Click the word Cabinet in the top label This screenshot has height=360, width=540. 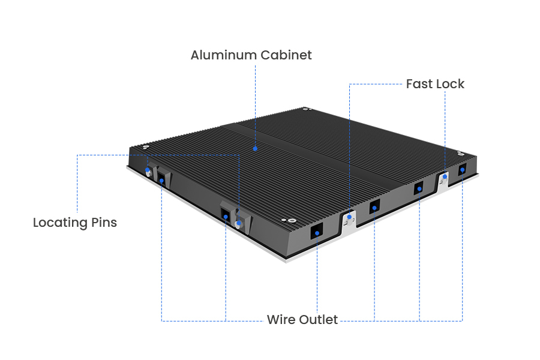tap(286, 55)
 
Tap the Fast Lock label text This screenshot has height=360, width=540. tap(435, 84)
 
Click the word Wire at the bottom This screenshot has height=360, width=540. tap(281, 320)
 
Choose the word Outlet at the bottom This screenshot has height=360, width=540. tap(318, 320)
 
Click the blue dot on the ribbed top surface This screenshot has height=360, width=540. tap(255, 148)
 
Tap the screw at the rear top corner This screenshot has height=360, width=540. tap(306, 109)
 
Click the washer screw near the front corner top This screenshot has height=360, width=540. tap(292, 220)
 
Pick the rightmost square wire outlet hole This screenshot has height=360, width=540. tap(462, 170)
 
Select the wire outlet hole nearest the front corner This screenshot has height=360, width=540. tap(316, 232)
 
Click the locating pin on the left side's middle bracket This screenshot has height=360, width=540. tap(239, 223)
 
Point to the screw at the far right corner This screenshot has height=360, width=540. tap(460, 155)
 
